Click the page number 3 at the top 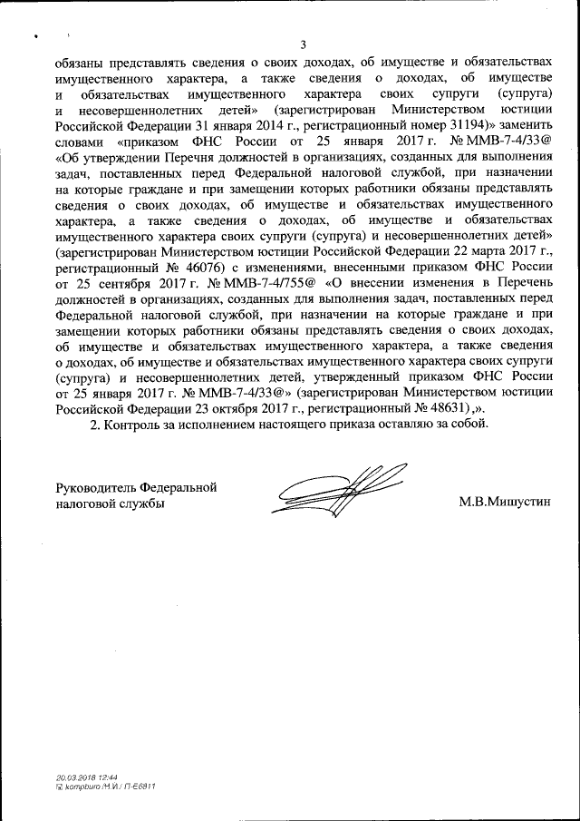point(304,45)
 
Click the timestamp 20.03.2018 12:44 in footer point(81,777)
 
